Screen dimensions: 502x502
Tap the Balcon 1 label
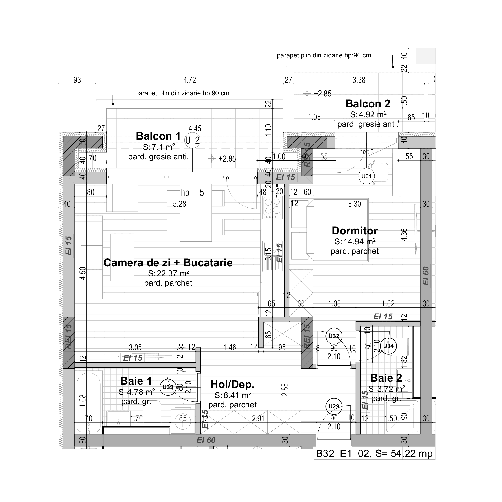point(158,136)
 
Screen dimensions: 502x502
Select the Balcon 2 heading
point(368,104)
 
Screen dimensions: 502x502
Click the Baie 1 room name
point(136,381)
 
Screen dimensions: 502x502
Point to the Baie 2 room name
point(386,378)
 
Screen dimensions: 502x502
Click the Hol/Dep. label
point(232,384)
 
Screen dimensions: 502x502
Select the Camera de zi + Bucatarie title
point(168,263)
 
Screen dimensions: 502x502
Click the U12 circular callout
point(192,141)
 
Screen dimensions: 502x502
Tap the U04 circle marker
point(366,176)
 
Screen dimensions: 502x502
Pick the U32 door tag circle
point(334,336)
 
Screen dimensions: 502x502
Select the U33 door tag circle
point(168,387)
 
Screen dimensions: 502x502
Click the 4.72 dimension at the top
point(189,80)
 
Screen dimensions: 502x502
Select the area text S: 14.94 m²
point(355,242)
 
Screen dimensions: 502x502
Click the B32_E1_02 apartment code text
point(342,454)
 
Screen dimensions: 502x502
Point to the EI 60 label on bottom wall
point(206,440)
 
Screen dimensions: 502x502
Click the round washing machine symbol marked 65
point(183,419)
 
